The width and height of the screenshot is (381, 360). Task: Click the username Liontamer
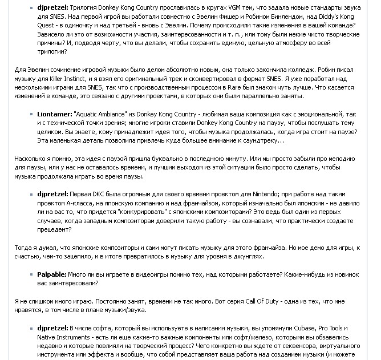54,115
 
